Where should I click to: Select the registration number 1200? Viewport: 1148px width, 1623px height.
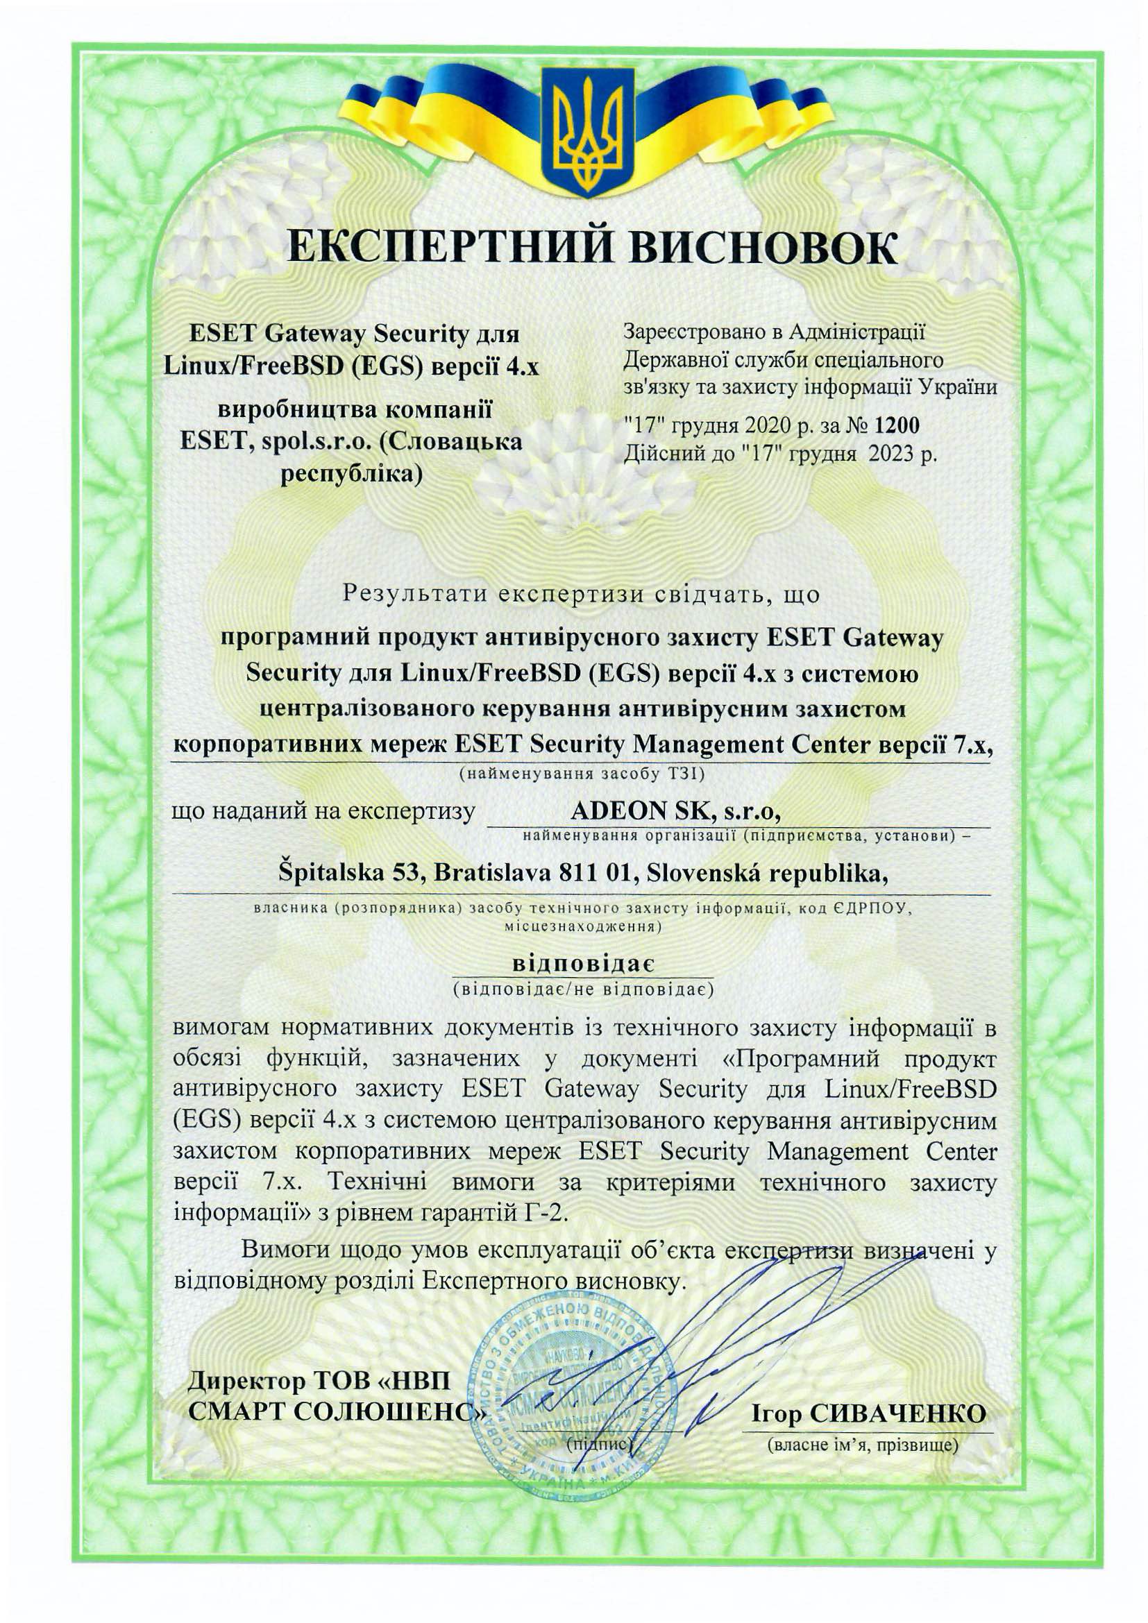click(897, 425)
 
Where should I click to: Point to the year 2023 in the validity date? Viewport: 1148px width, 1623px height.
click(893, 453)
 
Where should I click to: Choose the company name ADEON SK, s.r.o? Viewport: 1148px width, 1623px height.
click(675, 813)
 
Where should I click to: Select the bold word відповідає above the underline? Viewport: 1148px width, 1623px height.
click(583, 965)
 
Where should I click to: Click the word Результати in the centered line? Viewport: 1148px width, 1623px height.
click(415, 593)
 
